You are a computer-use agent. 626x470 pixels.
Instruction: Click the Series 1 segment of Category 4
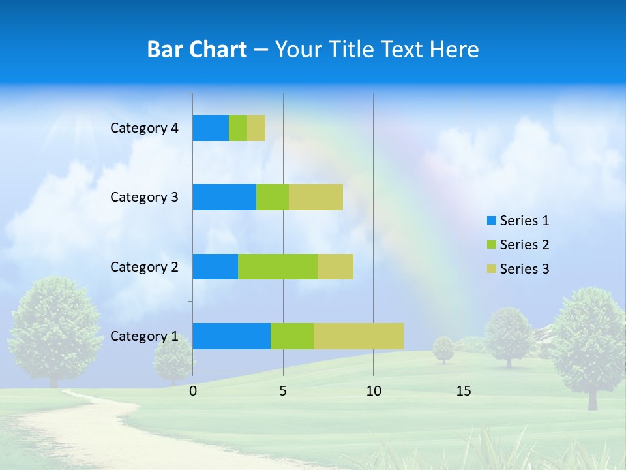211,128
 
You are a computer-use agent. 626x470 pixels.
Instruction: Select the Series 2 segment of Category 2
278,266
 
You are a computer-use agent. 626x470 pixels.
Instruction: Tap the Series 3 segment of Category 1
359,336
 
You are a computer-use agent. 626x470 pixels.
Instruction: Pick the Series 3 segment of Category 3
316,197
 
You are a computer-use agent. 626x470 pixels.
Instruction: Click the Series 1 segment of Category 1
231,336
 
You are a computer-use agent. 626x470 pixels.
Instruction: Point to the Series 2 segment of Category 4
238,128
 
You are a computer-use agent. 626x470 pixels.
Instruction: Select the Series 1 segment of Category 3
224,197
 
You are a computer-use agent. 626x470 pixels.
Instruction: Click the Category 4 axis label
144,128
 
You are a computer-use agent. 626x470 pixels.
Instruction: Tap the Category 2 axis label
144,266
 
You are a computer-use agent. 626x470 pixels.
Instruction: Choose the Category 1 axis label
144,336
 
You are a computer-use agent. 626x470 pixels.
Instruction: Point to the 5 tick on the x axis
283,391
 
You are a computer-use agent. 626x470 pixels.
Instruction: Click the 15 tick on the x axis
463,391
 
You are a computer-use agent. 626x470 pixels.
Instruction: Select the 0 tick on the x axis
193,391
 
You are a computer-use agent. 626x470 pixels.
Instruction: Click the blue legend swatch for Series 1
492,221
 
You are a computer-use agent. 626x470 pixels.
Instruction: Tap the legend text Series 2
524,245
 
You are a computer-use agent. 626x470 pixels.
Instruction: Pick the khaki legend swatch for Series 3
492,269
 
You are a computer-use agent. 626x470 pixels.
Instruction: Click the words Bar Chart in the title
197,50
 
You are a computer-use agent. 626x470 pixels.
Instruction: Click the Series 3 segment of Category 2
335,266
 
